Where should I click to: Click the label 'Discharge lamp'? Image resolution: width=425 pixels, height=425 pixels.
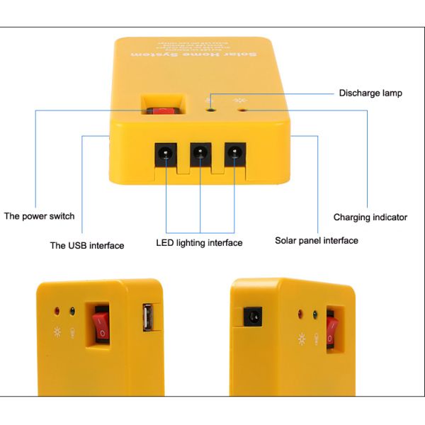pyautogui.click(x=370, y=93)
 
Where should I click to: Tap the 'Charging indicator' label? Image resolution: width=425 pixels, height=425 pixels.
pyautogui.click(x=370, y=217)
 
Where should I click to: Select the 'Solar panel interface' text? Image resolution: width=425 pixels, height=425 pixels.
pyautogui.click(x=316, y=241)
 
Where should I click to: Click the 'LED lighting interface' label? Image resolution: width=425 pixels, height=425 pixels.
pyautogui.click(x=199, y=243)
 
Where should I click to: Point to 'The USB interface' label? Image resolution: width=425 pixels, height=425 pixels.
pyautogui.click(x=86, y=246)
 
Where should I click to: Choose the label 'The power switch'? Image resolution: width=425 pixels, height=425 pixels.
pyautogui.click(x=39, y=216)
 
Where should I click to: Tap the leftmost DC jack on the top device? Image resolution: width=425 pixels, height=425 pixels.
pyautogui.click(x=166, y=152)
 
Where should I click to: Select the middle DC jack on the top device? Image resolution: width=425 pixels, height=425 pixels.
pyautogui.click(x=200, y=152)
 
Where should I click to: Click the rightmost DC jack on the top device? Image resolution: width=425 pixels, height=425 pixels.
pyautogui.click(x=234, y=152)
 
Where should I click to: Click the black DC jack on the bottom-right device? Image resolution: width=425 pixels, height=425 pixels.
pyautogui.click(x=251, y=316)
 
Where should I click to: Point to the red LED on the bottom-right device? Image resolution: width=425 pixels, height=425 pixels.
pyautogui.click(x=300, y=313)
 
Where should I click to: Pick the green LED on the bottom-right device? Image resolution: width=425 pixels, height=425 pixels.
pyautogui.click(x=314, y=313)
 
